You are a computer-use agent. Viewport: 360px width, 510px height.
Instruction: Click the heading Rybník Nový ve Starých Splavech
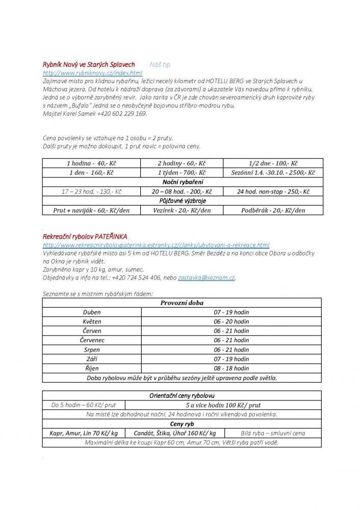89,65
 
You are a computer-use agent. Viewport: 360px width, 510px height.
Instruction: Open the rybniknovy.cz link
92,73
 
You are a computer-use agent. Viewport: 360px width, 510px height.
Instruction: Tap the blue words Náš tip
160,65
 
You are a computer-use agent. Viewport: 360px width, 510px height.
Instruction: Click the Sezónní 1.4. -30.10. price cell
273,173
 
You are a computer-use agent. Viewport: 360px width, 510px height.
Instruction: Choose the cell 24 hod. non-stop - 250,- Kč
273,192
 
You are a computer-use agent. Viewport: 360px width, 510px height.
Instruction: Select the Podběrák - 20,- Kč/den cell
273,210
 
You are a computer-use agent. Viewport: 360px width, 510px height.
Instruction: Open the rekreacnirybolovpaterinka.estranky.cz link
156,245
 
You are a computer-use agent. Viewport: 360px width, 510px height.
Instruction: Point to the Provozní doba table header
182,302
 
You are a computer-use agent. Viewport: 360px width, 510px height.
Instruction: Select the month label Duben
92,312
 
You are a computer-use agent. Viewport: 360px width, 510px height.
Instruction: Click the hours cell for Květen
232,321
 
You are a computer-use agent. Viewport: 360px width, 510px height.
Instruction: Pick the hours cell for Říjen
232,368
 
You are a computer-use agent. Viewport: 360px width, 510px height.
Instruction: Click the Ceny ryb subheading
182,424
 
